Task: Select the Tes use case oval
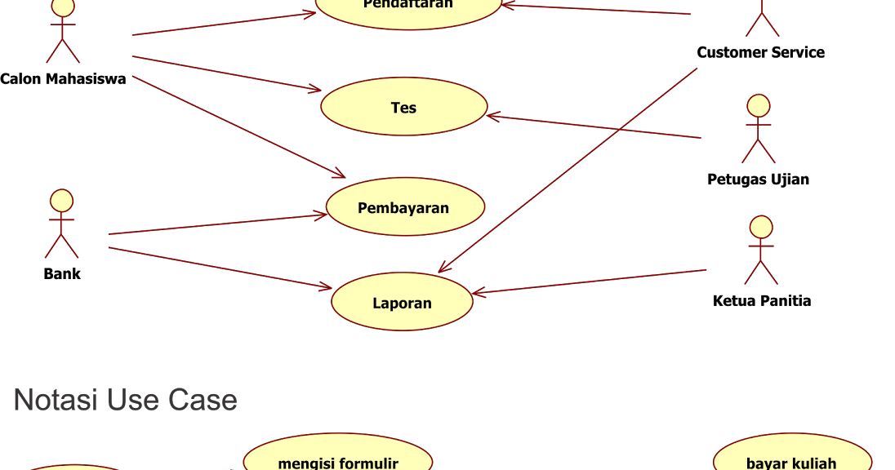(x=403, y=107)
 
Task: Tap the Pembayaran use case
(x=404, y=207)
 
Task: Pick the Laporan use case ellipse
(x=402, y=302)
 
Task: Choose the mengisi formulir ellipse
(x=337, y=457)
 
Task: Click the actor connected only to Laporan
(x=760, y=249)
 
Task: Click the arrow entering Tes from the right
(x=594, y=126)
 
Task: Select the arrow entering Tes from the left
(x=227, y=73)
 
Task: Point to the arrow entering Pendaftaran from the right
(x=596, y=10)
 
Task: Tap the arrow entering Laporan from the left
(x=220, y=268)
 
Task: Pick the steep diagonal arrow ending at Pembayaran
(x=237, y=126)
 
